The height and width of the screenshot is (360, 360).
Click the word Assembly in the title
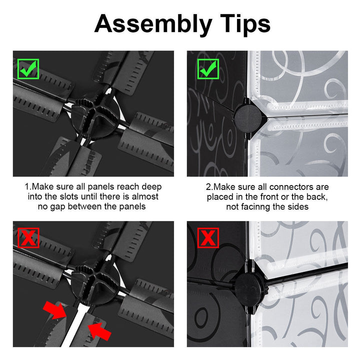153,24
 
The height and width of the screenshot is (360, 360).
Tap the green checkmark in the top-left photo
28,69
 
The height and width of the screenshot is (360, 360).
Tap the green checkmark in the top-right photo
208,69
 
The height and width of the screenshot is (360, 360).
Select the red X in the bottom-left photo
28,238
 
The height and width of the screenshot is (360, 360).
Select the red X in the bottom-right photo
208,238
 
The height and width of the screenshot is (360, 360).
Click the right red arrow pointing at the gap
99,331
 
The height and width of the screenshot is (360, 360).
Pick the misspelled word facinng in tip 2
256,207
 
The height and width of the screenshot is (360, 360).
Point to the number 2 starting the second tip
208,187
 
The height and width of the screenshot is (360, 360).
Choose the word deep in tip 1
151,187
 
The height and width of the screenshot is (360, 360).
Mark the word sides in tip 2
298,207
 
